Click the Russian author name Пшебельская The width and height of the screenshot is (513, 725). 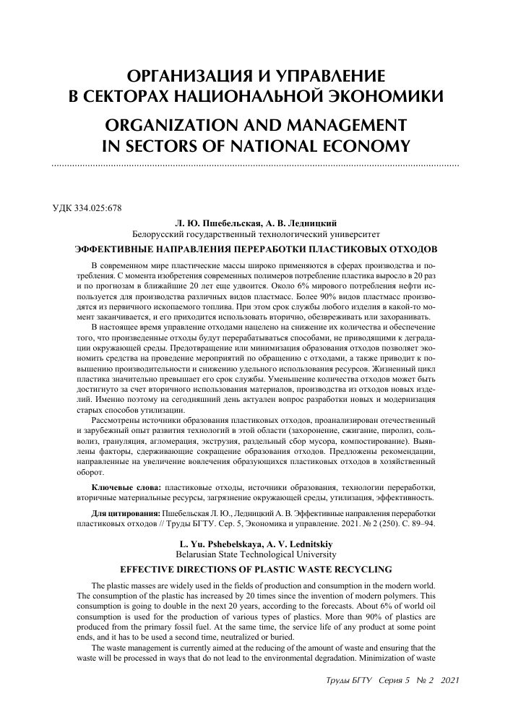[219, 223]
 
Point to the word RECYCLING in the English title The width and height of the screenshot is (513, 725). [371, 568]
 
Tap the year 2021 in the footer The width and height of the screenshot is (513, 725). [449, 681]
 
